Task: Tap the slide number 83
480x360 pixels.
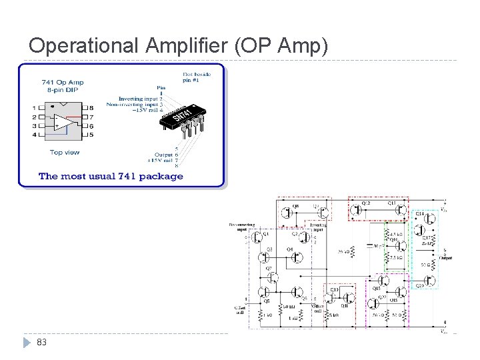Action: pyautogui.click(x=41, y=342)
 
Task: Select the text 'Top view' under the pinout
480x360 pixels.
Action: pyautogui.click(x=65, y=152)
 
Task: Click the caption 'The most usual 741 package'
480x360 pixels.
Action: pyautogui.click(x=111, y=176)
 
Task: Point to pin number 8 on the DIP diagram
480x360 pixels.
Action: pyautogui.click(x=91, y=107)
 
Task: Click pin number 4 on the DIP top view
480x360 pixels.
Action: pyautogui.click(x=34, y=135)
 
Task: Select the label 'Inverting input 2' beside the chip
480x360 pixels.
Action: pyautogui.click(x=140, y=98)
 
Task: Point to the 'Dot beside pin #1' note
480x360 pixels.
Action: pyautogui.click(x=197, y=77)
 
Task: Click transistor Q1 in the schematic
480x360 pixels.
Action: pyautogui.click(x=261, y=238)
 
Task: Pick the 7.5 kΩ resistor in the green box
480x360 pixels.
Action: pyautogui.click(x=393, y=257)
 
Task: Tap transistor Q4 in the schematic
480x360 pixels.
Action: pyautogui.click(x=295, y=255)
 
